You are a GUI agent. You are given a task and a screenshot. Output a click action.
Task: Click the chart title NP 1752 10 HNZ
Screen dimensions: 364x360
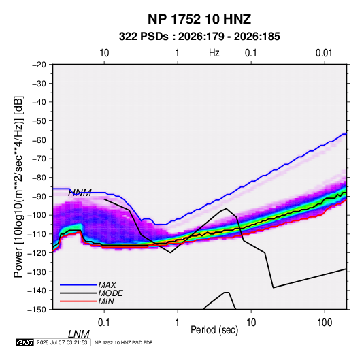coord(199,19)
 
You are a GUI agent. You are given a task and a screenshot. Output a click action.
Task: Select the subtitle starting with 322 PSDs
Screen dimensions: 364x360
coord(199,37)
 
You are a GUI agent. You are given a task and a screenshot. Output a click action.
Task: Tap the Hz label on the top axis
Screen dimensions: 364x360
coord(214,53)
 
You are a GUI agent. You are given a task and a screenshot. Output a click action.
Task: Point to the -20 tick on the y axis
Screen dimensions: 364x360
coord(39,65)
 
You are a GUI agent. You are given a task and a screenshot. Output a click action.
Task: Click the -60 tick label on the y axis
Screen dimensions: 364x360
coord(39,140)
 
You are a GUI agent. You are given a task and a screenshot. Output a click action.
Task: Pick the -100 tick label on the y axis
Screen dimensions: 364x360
coord(37,215)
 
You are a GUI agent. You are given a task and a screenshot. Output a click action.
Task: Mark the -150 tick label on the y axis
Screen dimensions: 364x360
coord(37,310)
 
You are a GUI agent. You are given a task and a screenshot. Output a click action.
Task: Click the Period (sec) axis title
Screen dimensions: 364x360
coord(214,330)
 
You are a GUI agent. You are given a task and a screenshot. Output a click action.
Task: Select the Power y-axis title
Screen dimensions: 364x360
coord(18,186)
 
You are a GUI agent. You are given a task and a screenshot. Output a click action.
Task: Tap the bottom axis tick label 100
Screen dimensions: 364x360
coord(325,322)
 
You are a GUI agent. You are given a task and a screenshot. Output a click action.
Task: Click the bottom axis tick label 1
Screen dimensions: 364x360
coord(178,322)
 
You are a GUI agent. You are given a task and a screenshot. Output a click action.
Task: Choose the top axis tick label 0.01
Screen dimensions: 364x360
coord(324,53)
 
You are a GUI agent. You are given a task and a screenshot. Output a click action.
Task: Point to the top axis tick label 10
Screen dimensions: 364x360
coord(104,53)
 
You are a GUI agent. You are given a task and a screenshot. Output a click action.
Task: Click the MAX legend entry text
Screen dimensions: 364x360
coord(107,284)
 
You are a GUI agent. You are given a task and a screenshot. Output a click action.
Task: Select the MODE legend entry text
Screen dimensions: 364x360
coord(110,293)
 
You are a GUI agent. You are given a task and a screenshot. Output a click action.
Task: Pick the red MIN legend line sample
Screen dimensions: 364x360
coord(78,301)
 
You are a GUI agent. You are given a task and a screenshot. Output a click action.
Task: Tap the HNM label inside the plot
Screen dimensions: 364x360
coord(80,193)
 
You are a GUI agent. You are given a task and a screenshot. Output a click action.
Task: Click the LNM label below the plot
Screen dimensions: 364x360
coord(79,334)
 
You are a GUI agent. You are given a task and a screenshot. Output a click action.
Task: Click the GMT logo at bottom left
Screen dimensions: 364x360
coord(25,342)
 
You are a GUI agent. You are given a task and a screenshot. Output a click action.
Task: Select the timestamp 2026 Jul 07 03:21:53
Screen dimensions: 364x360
coord(62,342)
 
